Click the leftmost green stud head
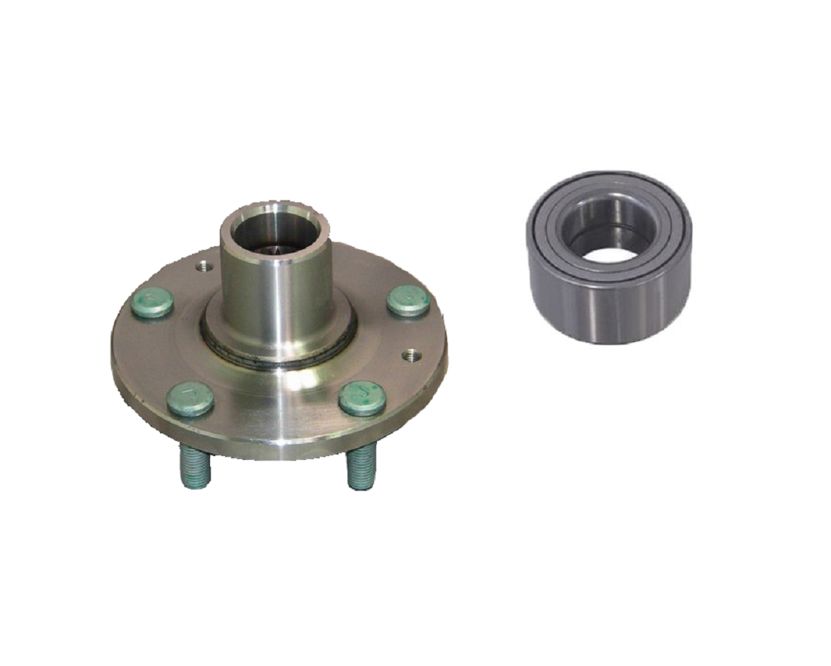coord(152,302)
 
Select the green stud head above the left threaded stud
coord(190,399)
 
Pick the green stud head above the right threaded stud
coord(363,398)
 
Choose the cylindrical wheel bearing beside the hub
coord(608,257)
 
